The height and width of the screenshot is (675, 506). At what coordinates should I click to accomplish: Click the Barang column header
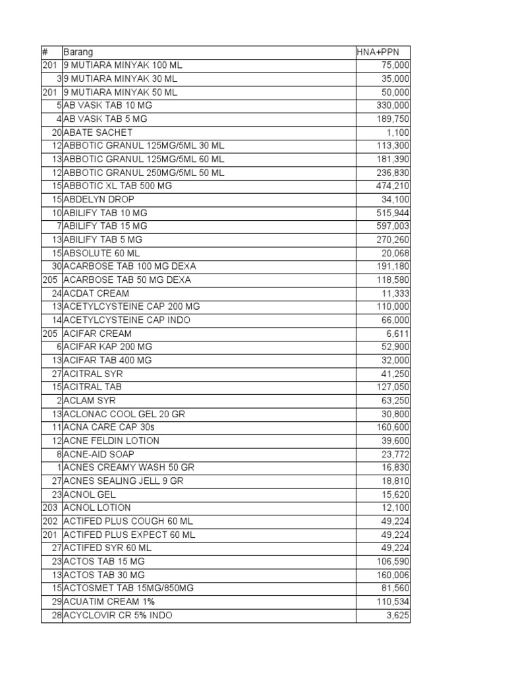[78, 52]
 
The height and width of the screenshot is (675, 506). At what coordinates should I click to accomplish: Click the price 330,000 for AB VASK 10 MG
[393, 105]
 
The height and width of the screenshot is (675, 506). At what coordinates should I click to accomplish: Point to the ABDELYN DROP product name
[98, 199]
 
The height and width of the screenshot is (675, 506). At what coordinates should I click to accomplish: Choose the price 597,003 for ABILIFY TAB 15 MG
[393, 226]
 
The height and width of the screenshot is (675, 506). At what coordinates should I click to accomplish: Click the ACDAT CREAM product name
[96, 293]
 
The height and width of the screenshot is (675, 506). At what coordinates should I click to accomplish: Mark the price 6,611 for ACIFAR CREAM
[398, 334]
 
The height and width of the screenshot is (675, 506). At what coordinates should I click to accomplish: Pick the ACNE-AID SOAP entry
[99, 454]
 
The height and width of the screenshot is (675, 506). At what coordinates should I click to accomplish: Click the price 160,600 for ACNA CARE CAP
[393, 427]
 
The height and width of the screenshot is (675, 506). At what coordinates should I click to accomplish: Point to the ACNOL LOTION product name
[97, 508]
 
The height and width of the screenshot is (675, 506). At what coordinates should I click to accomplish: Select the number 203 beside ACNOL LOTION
[49, 508]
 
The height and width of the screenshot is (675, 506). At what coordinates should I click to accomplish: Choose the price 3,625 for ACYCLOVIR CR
[398, 615]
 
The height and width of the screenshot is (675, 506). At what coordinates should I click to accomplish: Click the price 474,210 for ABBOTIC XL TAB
[393, 186]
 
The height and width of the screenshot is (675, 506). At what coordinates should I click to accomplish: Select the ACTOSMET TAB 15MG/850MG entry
[128, 588]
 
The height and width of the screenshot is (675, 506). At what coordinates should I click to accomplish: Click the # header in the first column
[45, 52]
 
